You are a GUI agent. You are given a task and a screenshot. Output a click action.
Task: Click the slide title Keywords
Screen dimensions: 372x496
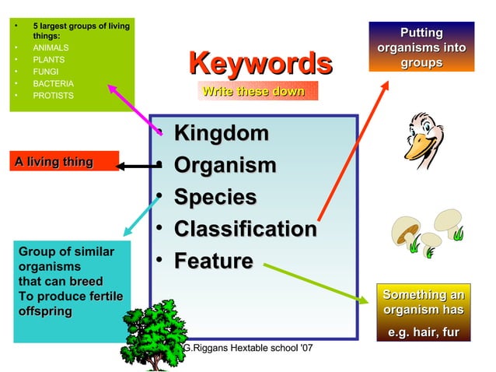pos(260,64)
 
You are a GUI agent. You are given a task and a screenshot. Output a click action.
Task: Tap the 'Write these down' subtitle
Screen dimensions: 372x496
pos(253,92)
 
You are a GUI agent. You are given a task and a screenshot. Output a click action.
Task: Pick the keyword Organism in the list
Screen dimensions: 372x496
pos(225,166)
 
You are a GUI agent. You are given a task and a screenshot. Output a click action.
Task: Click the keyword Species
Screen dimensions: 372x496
pos(215,198)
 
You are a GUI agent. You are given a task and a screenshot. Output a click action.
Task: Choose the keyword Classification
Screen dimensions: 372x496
pos(245,230)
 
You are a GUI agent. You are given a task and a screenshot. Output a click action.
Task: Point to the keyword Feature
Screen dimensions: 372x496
pos(213,261)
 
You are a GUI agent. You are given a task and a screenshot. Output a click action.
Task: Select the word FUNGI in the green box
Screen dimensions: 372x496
pos(45,72)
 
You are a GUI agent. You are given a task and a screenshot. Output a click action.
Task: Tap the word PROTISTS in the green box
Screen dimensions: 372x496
pos(53,96)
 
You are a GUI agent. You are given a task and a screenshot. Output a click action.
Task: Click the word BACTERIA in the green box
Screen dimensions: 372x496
pos(53,83)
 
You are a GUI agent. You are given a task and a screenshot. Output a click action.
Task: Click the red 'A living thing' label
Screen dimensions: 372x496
pos(54,162)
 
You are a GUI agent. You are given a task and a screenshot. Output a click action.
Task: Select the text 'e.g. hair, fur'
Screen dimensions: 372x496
pos(424,334)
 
